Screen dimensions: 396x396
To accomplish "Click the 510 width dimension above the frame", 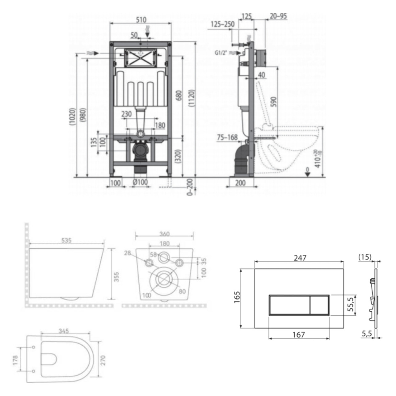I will pyautogui.click(x=141, y=20).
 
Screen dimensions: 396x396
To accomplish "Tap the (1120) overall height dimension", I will pyautogui.click(x=191, y=98).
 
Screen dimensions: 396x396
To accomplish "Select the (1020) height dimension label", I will pyautogui.click(x=72, y=116).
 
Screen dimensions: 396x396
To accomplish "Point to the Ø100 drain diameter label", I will pyautogui.click(x=140, y=182).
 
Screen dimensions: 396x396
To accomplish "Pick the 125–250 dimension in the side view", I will pyautogui.click(x=223, y=24).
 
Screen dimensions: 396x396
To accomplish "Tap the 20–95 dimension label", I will pyautogui.click(x=278, y=16).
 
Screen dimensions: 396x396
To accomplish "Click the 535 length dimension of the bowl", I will pyautogui.click(x=66, y=240).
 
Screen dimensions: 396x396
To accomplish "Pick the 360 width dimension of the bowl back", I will pyautogui.click(x=164, y=234).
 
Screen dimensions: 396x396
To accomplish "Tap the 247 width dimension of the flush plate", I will pyautogui.click(x=300, y=258).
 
